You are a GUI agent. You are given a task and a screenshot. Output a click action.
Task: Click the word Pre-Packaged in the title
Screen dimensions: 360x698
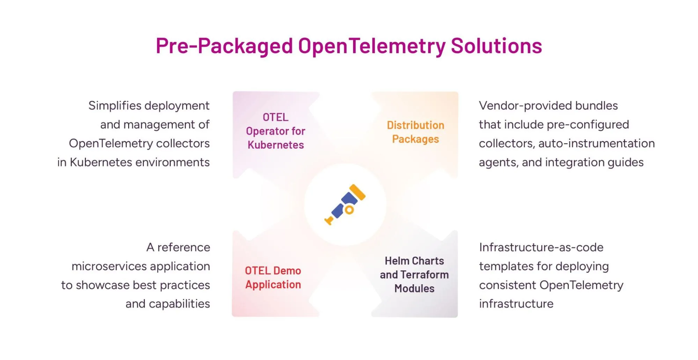[x=224, y=46]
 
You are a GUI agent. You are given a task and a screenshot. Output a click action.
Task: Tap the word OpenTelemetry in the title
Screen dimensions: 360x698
[x=372, y=46]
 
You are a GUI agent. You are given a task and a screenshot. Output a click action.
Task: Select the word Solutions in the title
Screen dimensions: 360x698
[x=496, y=46]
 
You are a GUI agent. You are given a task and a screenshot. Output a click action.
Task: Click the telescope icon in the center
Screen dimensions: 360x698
[x=345, y=205]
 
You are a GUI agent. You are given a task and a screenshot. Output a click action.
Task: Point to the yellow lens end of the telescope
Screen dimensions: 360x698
[x=358, y=192]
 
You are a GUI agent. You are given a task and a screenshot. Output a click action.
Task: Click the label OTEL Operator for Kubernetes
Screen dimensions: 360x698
[x=275, y=131]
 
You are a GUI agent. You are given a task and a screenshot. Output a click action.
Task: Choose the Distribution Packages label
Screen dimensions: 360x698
[x=415, y=132]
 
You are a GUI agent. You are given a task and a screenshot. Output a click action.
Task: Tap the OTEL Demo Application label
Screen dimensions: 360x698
[x=273, y=277]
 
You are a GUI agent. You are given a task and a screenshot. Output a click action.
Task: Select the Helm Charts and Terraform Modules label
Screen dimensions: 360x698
[x=414, y=274]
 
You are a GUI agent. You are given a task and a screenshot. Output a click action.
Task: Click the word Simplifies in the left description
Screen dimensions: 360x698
[x=115, y=105]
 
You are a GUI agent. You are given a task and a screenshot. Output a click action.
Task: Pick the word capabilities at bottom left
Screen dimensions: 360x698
[x=179, y=304]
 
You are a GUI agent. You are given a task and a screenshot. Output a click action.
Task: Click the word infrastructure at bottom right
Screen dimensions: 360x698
[x=516, y=304]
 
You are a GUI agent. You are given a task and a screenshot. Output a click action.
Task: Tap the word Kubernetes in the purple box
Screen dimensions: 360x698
[x=275, y=145]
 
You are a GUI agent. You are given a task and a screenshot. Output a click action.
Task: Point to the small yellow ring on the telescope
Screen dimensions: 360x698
[x=349, y=210]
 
